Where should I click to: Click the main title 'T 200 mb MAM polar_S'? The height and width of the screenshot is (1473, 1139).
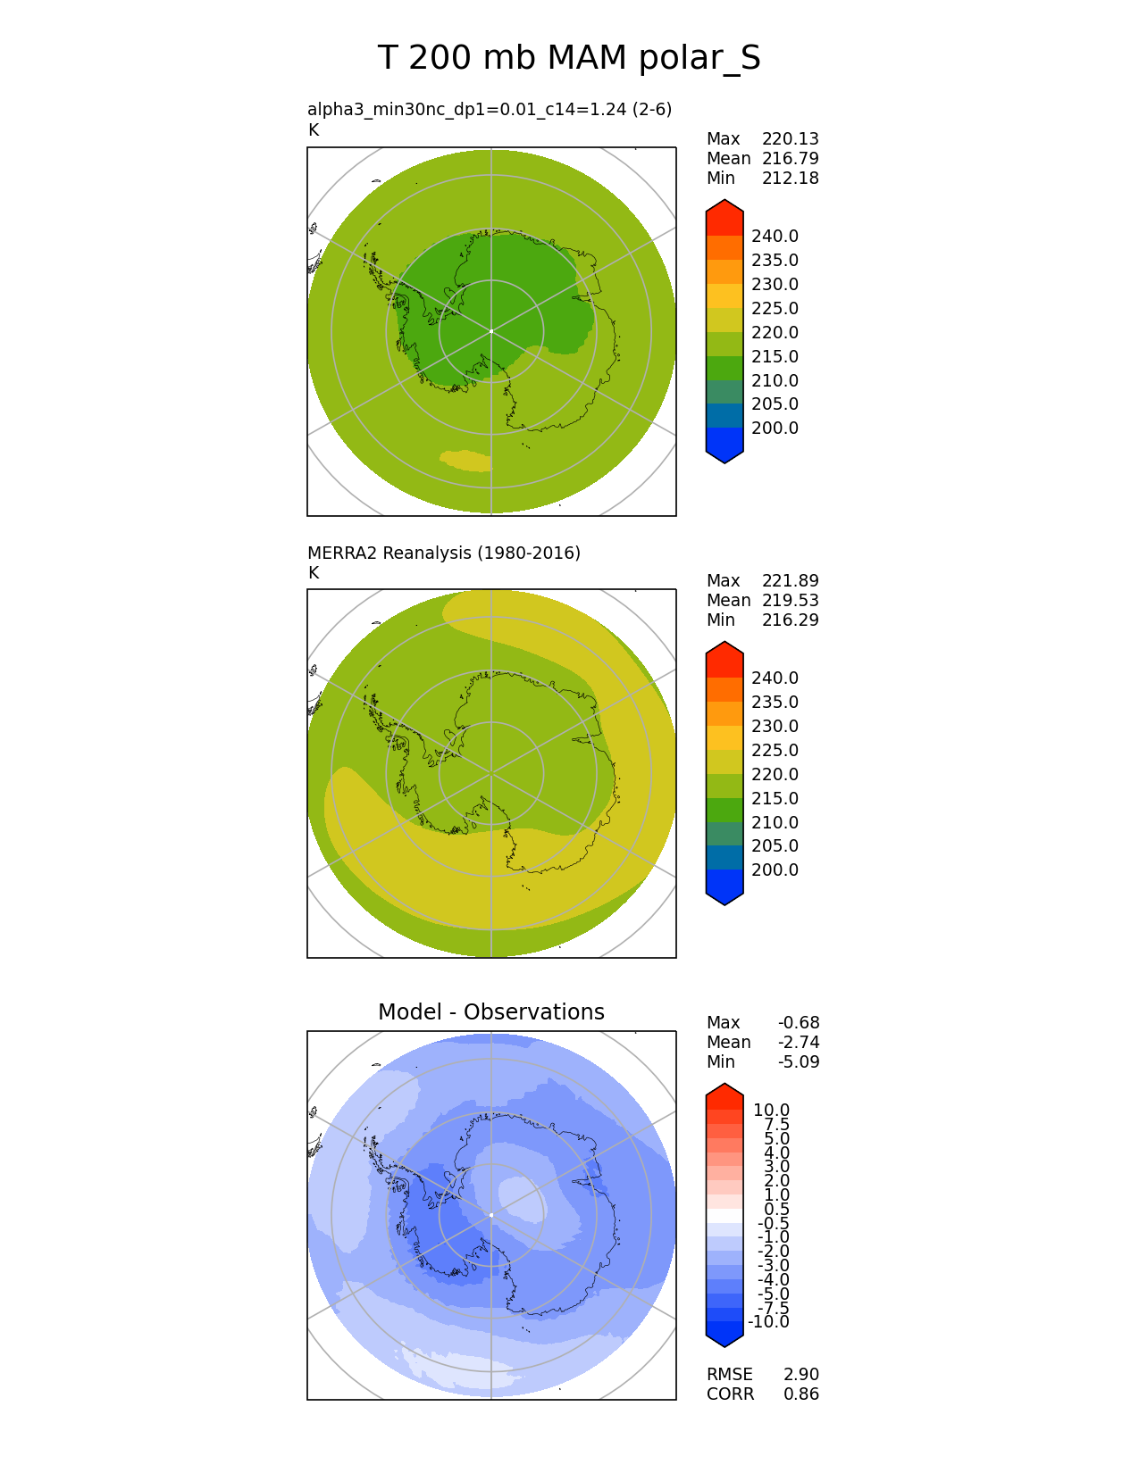569,58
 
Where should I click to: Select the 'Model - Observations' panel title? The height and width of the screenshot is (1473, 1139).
490,1011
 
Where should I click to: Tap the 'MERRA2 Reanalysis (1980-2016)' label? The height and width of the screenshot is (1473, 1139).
443,553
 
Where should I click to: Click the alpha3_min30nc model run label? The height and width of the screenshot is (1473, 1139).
489,109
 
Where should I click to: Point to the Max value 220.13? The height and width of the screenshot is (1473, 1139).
790,138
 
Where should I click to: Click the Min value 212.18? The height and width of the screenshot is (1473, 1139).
790,178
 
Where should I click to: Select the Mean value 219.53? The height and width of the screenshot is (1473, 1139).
790,600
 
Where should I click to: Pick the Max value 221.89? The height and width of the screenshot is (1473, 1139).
790,580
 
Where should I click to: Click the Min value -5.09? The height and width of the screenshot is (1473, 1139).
798,1061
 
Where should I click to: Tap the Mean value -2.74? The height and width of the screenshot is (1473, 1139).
798,1042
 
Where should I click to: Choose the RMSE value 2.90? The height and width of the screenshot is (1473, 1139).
800,1374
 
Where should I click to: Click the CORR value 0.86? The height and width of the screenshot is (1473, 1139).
800,1394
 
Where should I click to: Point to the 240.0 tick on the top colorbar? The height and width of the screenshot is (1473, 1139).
775,236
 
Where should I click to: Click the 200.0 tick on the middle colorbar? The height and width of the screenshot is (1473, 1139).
775,870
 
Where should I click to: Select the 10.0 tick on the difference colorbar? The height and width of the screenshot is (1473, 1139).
771,1110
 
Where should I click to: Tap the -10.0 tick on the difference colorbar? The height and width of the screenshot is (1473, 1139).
768,1321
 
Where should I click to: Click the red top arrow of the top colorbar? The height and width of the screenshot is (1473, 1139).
724,217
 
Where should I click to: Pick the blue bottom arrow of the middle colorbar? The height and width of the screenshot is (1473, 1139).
724,889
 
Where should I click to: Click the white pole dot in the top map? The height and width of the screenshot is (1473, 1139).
491,331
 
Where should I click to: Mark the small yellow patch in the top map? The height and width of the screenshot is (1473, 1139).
465,460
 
